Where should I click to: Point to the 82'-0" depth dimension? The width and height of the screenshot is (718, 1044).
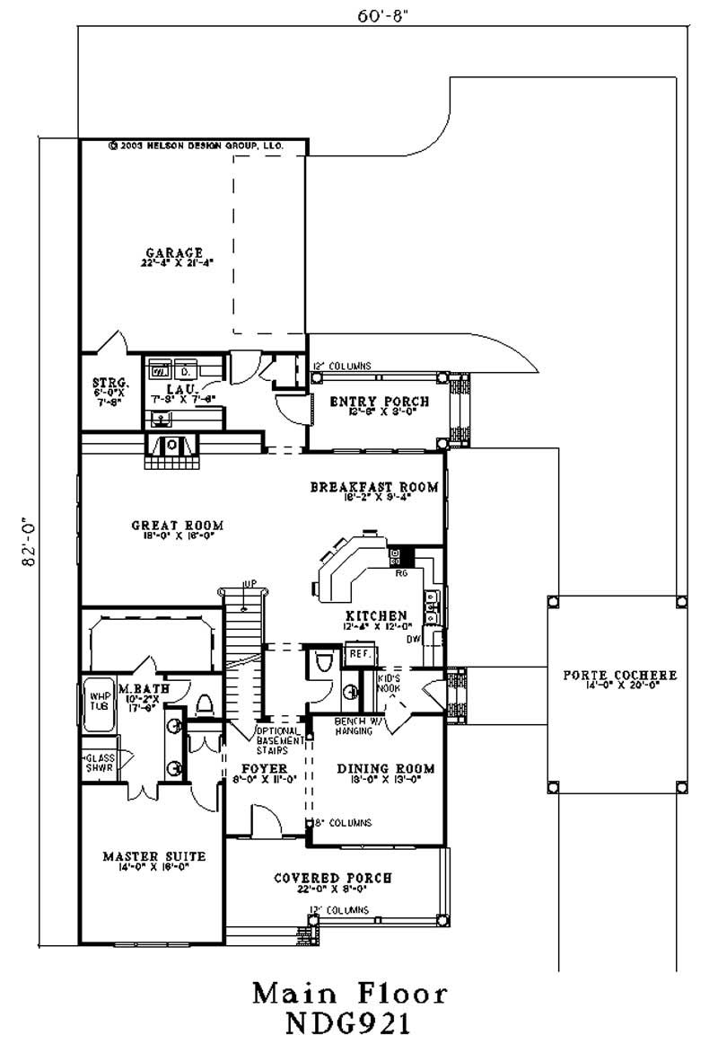click(30, 540)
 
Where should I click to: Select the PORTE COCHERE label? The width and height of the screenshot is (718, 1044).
click(618, 676)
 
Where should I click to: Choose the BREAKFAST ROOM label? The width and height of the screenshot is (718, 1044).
click(373, 487)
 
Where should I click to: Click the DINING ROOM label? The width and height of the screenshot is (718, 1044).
click(385, 769)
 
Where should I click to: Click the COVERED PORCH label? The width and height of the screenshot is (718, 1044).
click(332, 878)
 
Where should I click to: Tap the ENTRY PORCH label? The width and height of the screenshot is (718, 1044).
click(379, 402)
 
